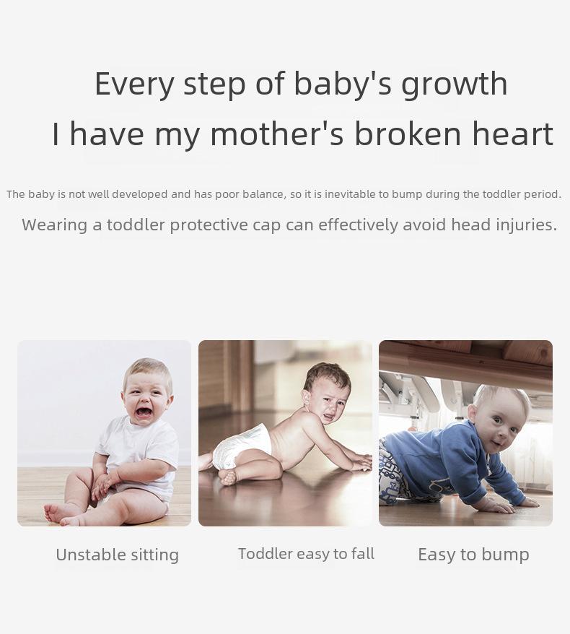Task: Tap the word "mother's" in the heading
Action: [277, 134]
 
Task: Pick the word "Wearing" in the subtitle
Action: [54, 225]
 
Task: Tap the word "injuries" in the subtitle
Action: [527, 225]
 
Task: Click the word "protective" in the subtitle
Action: [209, 225]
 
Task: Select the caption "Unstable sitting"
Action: [117, 555]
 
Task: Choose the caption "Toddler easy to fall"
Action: [306, 554]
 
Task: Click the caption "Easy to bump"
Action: [473, 555]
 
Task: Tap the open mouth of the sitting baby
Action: [144, 412]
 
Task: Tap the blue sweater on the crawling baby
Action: [448, 461]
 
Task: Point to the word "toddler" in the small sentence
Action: [501, 194]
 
